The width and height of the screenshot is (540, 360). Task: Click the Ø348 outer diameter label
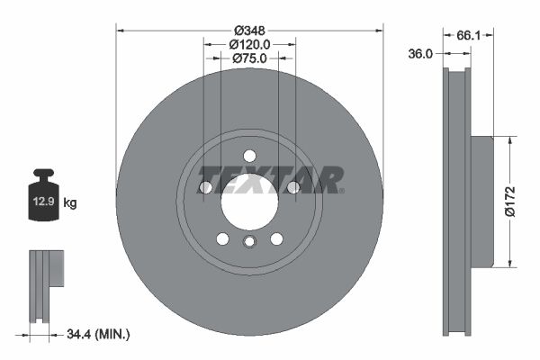point(249,31)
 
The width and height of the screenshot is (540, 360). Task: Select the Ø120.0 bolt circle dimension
point(249,44)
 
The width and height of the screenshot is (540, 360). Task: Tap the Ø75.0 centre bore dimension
point(249,58)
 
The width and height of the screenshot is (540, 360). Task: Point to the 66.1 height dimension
point(468,35)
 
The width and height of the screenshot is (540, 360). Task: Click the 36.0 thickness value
point(419,54)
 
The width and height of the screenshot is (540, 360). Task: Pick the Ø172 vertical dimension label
point(510,202)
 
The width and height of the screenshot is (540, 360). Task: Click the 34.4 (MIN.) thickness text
point(98,334)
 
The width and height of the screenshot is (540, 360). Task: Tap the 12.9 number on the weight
point(44,202)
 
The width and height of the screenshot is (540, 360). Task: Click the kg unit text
point(70,202)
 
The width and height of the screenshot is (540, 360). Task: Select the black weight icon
point(44,194)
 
